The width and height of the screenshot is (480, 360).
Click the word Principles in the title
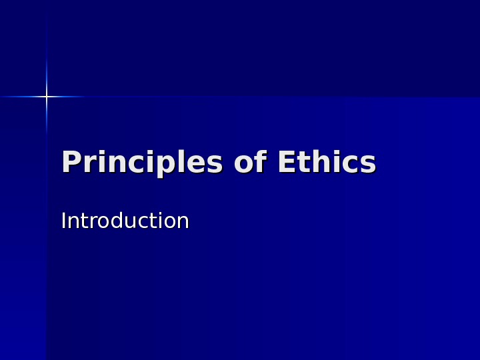[141, 163]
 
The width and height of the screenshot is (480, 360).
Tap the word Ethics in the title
[326, 163]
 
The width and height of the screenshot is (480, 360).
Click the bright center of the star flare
[47, 97]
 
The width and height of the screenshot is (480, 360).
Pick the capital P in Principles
[70, 163]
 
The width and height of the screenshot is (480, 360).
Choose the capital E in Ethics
[285, 163]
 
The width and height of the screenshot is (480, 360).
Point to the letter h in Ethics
[317, 163]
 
